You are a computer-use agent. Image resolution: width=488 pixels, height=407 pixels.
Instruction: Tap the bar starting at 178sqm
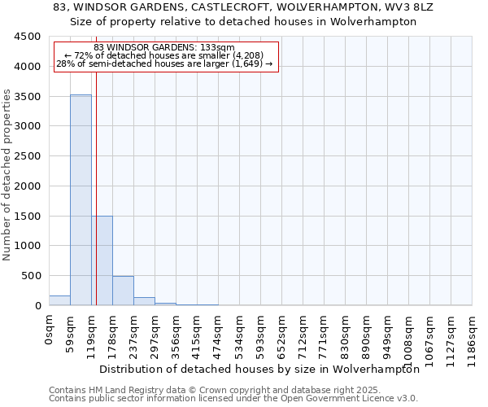pyautogui.click(x=123, y=291)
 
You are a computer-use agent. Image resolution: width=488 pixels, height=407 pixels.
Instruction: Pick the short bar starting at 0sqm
pyautogui.click(x=59, y=300)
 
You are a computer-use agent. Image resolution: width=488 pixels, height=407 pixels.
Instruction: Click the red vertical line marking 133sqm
pyautogui.click(x=96, y=187)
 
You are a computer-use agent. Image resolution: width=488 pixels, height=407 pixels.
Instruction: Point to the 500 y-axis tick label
pyautogui.click(x=31, y=276)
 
